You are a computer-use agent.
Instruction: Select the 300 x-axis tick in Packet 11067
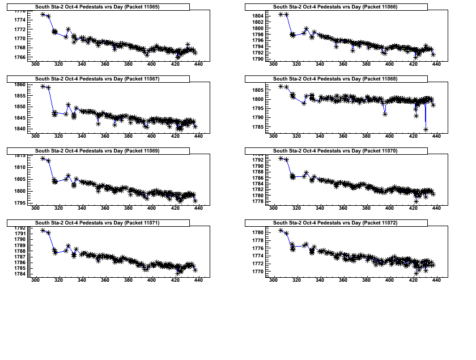tap(36, 136)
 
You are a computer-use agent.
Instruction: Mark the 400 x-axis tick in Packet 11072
tap(389, 279)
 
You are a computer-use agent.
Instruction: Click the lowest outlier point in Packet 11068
tap(426, 129)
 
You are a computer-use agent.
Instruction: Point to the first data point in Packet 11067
tap(43, 86)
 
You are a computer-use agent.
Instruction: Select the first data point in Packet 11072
tap(281, 230)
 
